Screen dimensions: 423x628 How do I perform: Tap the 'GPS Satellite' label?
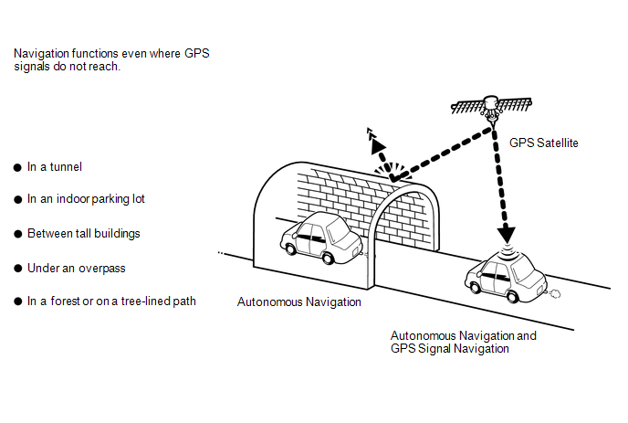[x=544, y=143]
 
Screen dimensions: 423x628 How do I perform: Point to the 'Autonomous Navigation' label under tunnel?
[x=299, y=301]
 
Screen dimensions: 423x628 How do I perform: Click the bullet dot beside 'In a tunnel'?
[x=17, y=167]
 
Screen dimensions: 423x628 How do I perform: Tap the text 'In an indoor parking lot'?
[x=87, y=199]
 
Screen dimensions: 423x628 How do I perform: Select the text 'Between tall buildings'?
[x=83, y=233]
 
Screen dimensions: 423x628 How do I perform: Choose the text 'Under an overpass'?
[x=76, y=268]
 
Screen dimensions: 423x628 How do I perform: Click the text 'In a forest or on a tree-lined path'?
[x=111, y=301]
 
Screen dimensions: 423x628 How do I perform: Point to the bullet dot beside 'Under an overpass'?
[x=17, y=268]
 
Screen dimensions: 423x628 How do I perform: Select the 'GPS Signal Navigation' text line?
[x=450, y=348]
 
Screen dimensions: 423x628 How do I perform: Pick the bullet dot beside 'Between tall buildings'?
[x=17, y=234]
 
